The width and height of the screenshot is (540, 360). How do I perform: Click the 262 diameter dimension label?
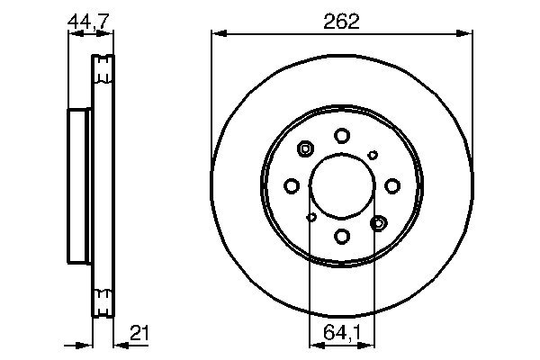pos(342,22)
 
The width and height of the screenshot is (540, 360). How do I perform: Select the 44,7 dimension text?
pos(90,22)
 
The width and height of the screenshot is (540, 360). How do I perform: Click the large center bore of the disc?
pos(342,185)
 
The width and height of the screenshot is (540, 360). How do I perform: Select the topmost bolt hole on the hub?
pos(342,135)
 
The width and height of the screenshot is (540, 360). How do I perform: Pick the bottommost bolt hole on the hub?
pos(342,236)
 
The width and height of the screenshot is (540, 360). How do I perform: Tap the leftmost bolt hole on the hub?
pos(291,185)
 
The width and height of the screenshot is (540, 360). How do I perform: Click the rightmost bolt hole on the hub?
pos(392,185)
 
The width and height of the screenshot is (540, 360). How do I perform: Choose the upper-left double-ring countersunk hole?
pos(305,149)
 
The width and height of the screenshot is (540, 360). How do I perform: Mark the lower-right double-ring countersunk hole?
pos(379,221)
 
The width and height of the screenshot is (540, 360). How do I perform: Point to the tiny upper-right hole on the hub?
pos(373,155)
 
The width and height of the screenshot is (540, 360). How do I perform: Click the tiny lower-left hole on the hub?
pos(311,216)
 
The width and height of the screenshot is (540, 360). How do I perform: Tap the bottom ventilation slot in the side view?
pos(104,298)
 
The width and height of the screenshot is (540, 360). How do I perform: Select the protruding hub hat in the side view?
pos(78,184)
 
